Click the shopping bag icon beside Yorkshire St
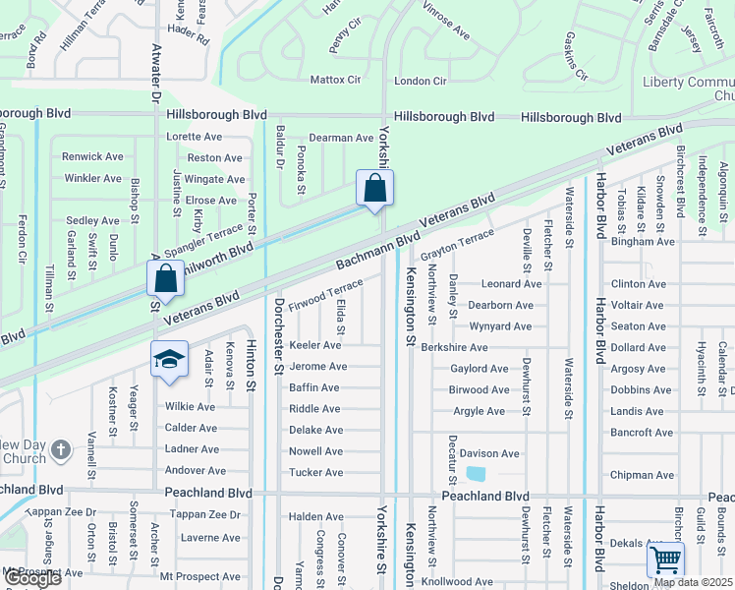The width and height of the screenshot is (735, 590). [374, 187]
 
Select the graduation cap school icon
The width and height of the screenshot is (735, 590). [169, 359]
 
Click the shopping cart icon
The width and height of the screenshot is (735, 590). [666, 560]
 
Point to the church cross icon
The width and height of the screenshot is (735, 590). [61, 450]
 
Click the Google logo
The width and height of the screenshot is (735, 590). [31, 578]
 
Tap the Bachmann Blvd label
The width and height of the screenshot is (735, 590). [377, 250]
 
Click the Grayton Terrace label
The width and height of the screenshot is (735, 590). [458, 245]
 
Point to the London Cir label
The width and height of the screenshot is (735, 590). [421, 81]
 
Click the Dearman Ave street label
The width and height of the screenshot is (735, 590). [341, 139]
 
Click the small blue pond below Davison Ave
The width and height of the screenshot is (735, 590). [476, 474]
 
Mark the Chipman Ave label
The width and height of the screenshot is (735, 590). [642, 475]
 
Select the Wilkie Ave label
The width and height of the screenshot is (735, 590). [191, 407]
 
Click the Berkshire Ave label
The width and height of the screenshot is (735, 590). [454, 347]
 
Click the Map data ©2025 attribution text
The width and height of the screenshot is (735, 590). [694, 582]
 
